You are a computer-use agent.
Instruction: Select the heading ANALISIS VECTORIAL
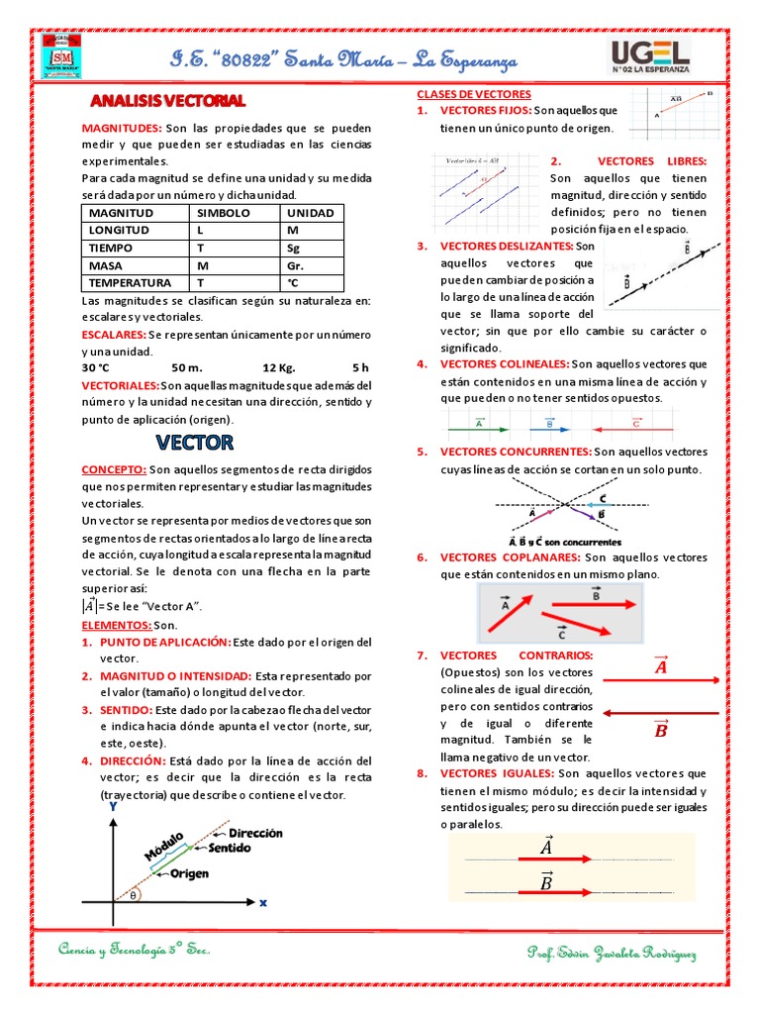click(x=167, y=101)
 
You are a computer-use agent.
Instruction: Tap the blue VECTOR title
click(x=194, y=442)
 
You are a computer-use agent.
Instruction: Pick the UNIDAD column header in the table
click(x=310, y=213)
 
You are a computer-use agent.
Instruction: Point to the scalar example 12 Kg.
click(x=279, y=368)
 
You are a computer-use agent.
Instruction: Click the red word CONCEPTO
click(x=114, y=469)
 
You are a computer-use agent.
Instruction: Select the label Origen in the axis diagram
click(x=188, y=874)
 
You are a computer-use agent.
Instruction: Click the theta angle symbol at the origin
click(x=133, y=895)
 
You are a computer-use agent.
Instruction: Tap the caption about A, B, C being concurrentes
click(x=564, y=542)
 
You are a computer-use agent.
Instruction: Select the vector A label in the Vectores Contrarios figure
click(x=661, y=666)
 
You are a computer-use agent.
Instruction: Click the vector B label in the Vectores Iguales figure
click(x=546, y=882)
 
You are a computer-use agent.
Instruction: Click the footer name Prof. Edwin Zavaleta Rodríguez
click(x=612, y=953)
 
